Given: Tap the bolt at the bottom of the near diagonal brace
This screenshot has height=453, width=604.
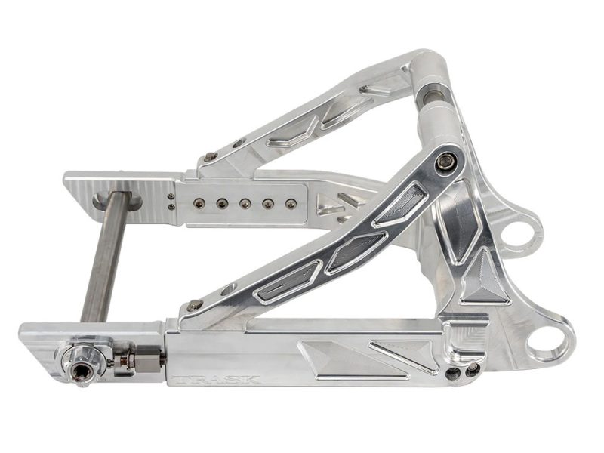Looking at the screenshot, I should [196, 305].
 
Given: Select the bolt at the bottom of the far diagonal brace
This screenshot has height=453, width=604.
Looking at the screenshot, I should [211, 156].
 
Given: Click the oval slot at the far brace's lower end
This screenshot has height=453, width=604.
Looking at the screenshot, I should [239, 143].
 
